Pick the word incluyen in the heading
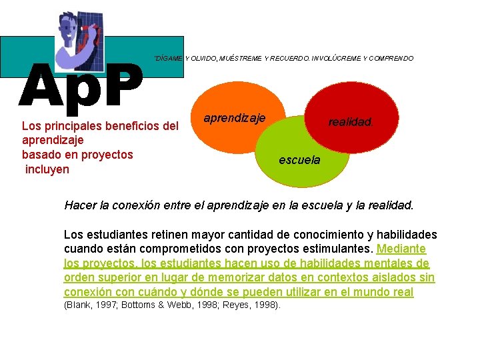(47, 169)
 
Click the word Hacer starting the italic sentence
(80, 205)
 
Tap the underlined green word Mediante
(401, 249)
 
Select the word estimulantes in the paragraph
(337, 249)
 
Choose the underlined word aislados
(388, 278)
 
